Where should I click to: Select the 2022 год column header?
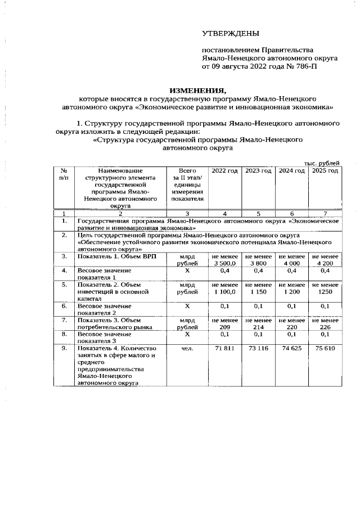[x=224, y=170]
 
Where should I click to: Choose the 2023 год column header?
[x=258, y=170]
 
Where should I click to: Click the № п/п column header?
[x=65, y=174]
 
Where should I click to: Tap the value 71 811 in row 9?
[x=224, y=348]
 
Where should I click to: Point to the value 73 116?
[x=258, y=348]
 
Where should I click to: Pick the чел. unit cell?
[x=187, y=348]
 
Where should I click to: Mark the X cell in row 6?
[x=187, y=306]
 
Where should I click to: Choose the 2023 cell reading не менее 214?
[x=258, y=323]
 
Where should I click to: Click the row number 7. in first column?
[x=65, y=320]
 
